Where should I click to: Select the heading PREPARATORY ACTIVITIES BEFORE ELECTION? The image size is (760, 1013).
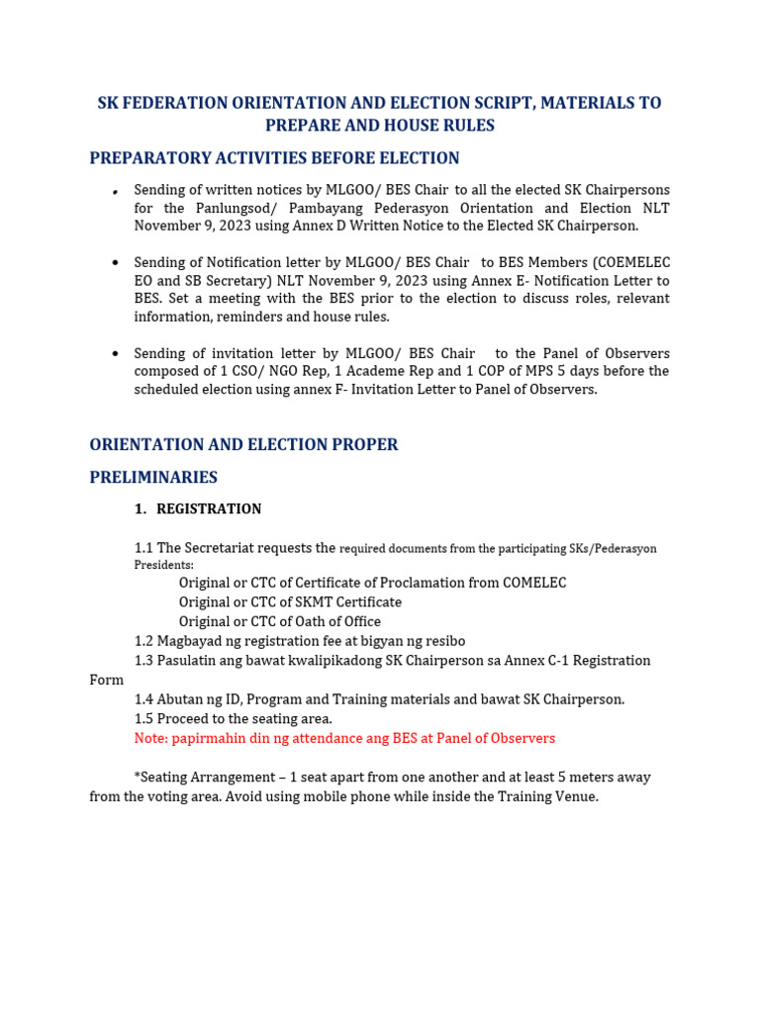pyautogui.click(x=274, y=158)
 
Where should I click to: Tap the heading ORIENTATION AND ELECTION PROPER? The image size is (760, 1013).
pyautogui.click(x=243, y=445)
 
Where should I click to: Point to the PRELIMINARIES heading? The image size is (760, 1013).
pyautogui.click(x=153, y=478)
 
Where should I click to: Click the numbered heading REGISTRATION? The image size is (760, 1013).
pyautogui.click(x=209, y=509)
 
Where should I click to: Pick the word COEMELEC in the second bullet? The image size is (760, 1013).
pyautogui.click(x=632, y=262)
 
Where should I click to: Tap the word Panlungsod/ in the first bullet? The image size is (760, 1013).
pyautogui.click(x=228, y=208)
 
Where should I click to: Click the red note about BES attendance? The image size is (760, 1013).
pyautogui.click(x=344, y=738)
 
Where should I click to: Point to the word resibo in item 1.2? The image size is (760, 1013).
pyautogui.click(x=442, y=641)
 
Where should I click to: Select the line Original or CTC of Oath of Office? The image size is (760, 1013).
pyautogui.click(x=279, y=621)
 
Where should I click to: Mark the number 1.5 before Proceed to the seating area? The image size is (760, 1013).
pyautogui.click(x=144, y=718)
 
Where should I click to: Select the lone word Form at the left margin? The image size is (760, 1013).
pyautogui.click(x=107, y=680)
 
